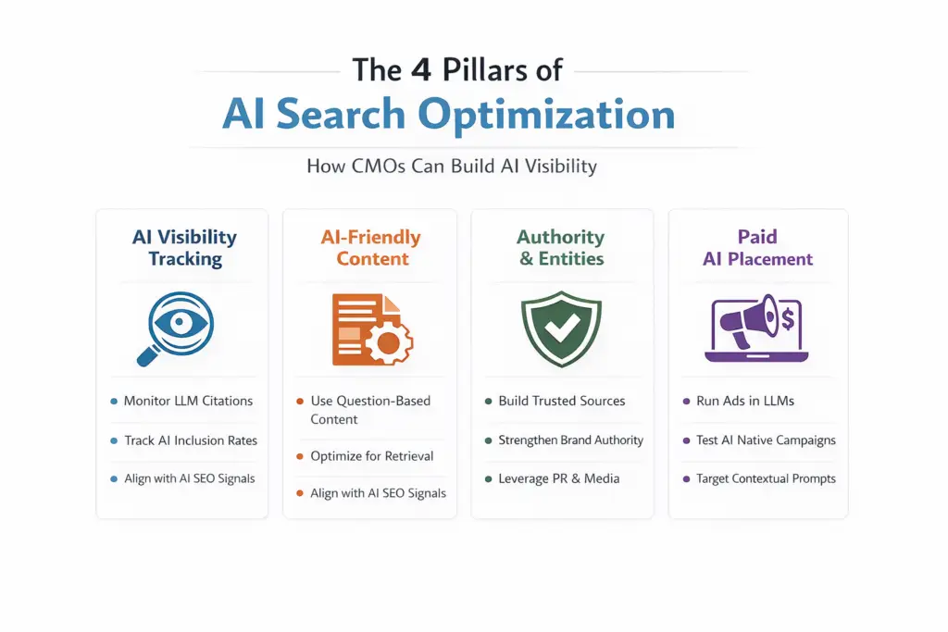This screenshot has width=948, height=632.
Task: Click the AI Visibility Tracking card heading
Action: [184, 248]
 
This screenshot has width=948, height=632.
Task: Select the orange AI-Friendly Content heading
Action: [370, 248]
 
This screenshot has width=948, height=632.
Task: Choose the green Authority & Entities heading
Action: [561, 248]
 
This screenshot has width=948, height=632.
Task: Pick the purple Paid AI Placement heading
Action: [757, 248]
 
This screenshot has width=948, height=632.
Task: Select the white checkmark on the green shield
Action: [562, 325]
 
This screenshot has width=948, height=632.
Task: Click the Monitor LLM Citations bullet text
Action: [188, 401]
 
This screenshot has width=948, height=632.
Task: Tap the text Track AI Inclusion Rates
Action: [191, 440]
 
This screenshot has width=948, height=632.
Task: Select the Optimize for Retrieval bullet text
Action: [372, 455]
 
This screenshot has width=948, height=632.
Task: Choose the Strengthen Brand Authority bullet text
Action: [570, 440]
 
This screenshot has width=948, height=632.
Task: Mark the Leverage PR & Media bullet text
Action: [558, 478]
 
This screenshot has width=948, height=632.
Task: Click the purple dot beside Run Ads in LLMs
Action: [687, 402]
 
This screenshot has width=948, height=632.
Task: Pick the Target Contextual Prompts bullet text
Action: [766, 478]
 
